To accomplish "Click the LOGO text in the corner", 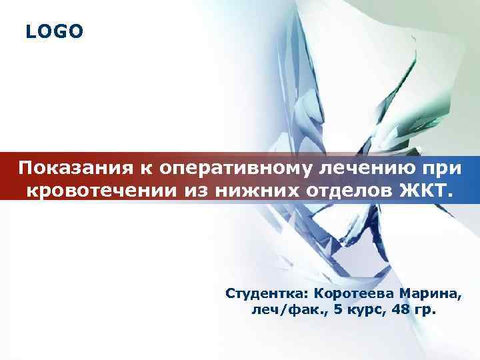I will click(55, 31).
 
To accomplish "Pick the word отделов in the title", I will click(345, 191).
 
